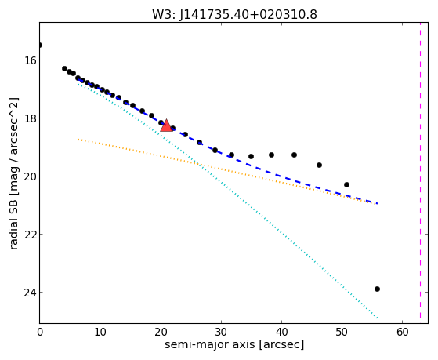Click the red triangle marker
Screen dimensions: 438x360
point(166,125)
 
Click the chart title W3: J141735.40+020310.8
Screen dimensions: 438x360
point(234,14)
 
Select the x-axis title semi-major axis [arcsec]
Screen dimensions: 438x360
point(234,344)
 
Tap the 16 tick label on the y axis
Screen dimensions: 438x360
point(31,60)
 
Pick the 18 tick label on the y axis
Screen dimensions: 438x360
point(31,118)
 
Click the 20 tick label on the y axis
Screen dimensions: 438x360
point(31,176)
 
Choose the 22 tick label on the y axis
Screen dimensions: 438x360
point(31,235)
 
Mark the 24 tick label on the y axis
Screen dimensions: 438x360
point(31,293)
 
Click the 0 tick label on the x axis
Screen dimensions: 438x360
point(40,333)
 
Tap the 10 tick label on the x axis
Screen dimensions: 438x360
point(100,333)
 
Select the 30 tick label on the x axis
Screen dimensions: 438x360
point(221,333)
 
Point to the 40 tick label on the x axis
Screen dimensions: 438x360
point(281,333)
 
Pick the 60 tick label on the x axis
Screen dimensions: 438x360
point(403,333)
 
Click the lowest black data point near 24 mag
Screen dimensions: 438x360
point(377,289)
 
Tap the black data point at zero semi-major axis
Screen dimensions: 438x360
point(40,45)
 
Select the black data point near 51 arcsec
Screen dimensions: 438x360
point(346,184)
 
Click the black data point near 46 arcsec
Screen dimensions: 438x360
point(319,165)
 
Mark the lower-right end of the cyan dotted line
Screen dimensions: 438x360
point(378,318)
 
